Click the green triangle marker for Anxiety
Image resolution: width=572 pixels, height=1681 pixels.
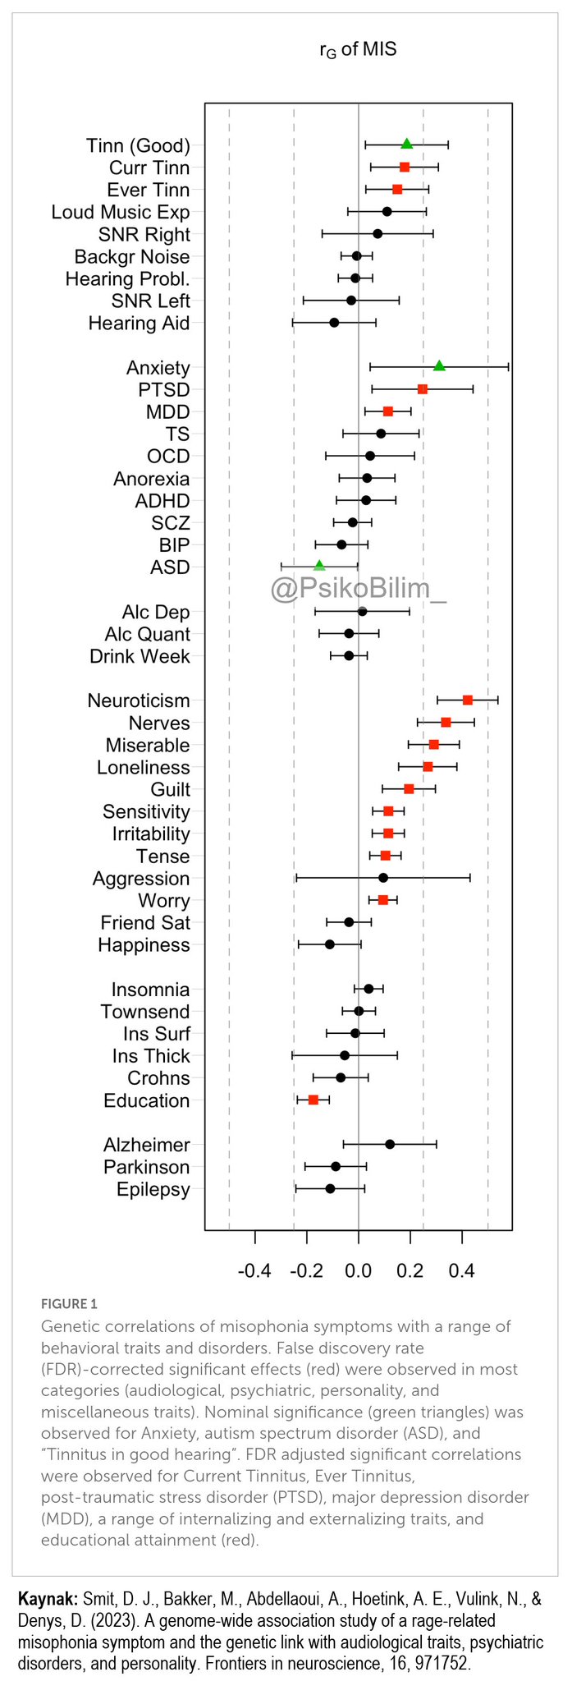coord(439,366)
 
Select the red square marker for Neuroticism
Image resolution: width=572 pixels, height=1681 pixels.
coord(468,700)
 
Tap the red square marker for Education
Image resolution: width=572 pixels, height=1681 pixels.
coord(313,1100)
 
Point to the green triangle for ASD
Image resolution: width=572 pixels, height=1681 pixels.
coord(319,566)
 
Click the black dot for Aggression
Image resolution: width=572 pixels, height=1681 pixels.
coord(383,878)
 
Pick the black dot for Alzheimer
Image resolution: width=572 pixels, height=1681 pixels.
coord(390,1144)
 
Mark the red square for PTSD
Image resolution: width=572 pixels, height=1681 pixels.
coord(423,388)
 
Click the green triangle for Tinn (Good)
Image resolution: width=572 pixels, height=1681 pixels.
coord(406,145)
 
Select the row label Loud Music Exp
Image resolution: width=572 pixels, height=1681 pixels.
coord(121,212)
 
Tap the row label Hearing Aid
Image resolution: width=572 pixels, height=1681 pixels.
coord(139,323)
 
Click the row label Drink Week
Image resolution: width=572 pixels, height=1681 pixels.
coord(140,656)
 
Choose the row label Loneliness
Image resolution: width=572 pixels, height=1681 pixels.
coord(143,767)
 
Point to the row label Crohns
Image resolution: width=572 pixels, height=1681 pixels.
coord(158,1078)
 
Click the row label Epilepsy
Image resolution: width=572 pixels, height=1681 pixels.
coord(153,1189)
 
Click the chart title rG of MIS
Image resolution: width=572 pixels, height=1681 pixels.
coord(358,49)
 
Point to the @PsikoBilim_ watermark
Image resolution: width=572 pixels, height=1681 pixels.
coord(359,589)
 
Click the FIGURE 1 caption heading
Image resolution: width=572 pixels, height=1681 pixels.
coord(69,1303)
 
